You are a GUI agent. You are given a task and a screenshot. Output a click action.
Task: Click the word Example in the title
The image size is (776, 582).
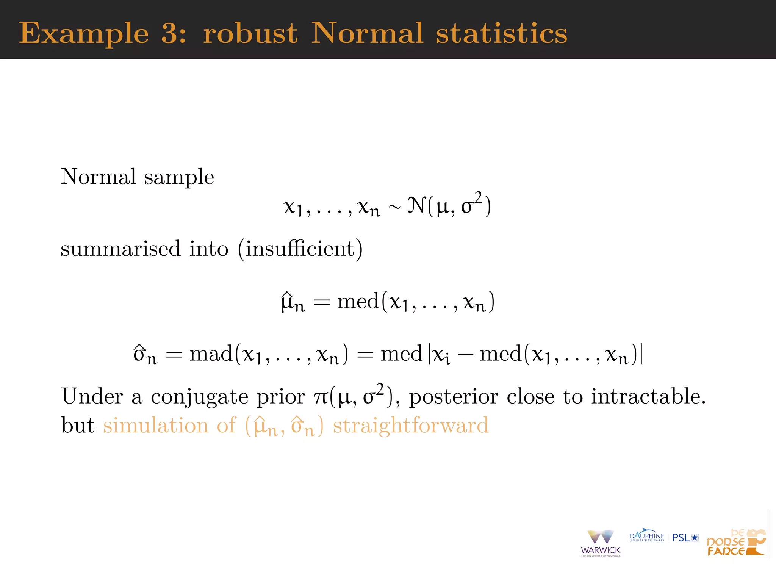pyautogui.click(x=84, y=34)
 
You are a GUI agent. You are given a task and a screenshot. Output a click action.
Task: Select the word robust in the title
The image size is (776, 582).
pyautogui.click(x=250, y=33)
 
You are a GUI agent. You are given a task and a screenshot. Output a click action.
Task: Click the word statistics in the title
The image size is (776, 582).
pyautogui.click(x=501, y=33)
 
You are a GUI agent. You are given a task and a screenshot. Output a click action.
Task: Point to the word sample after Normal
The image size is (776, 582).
pyautogui.click(x=179, y=177)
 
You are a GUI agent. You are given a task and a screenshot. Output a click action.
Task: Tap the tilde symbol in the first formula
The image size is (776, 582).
pyautogui.click(x=394, y=207)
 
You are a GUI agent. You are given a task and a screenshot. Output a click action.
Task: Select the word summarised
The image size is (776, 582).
pyautogui.click(x=120, y=249)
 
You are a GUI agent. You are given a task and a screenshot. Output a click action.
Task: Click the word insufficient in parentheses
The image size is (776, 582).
pyautogui.click(x=300, y=249)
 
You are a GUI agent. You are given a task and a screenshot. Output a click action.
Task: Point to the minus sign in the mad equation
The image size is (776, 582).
pyautogui.click(x=465, y=355)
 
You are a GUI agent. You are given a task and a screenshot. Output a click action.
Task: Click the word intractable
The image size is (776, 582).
pyautogui.click(x=648, y=397)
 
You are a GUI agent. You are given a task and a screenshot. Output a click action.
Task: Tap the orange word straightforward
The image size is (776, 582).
pyautogui.click(x=411, y=426)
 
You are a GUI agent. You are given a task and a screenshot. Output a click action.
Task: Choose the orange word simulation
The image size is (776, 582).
pyautogui.click(x=156, y=426)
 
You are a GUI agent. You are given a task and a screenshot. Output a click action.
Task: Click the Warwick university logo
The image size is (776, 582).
pyautogui.click(x=601, y=543)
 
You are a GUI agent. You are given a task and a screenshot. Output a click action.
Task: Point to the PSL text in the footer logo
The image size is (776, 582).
pyautogui.click(x=681, y=538)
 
